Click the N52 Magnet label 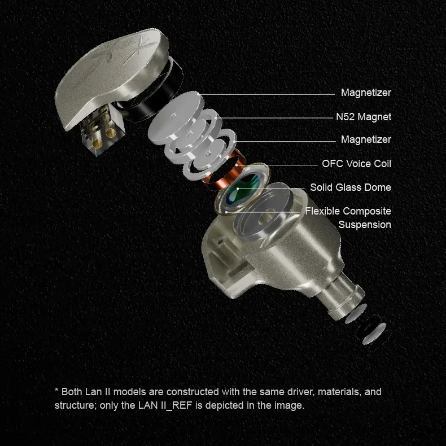[364, 117]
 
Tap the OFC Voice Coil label [356, 164]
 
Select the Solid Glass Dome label [351, 187]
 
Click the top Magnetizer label [366, 93]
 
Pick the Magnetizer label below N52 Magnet [366, 139]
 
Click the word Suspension [365, 225]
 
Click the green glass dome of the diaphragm [243, 189]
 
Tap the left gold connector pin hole [97, 142]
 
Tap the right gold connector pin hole [110, 132]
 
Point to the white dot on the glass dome [238, 189]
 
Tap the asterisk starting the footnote [56, 390]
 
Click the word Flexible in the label [323, 211]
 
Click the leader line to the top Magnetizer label [266, 94]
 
